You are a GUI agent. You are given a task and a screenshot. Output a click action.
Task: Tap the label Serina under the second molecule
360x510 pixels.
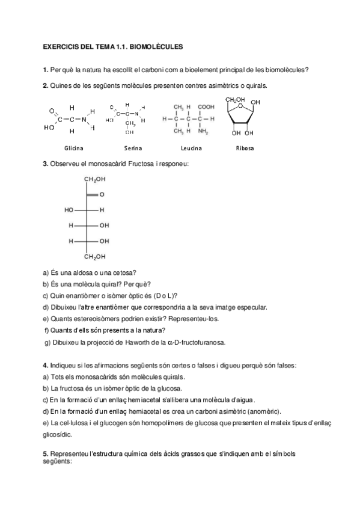(133, 148)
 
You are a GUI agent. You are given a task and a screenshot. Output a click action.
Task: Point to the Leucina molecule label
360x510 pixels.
(191, 148)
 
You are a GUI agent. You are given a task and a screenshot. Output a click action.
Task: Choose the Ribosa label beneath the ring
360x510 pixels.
(245, 148)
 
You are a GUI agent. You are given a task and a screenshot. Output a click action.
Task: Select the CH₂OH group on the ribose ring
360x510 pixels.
(234, 99)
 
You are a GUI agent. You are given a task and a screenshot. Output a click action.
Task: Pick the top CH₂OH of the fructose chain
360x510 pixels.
(94, 179)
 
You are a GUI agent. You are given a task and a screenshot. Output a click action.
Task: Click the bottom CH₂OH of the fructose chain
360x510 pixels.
(94, 257)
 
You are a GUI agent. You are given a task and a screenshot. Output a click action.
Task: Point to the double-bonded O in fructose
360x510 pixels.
(102, 195)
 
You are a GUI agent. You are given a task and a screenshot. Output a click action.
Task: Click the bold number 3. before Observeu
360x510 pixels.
(46, 164)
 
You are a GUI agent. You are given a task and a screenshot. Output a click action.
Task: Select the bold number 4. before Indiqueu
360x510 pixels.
(46, 365)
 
